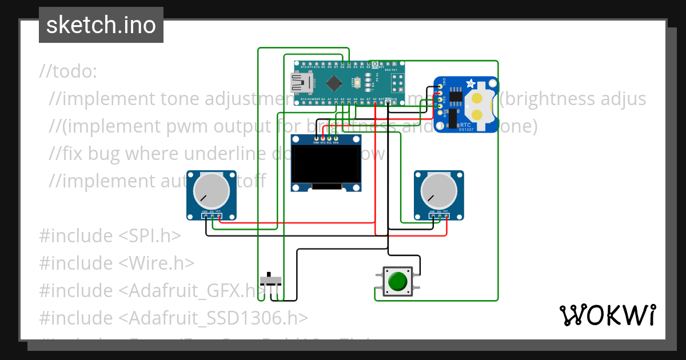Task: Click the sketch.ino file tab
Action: click(101, 25)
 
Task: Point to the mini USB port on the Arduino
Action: click(302, 83)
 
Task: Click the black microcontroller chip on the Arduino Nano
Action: click(333, 83)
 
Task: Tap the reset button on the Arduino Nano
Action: click(357, 83)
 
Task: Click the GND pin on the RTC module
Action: click(441, 87)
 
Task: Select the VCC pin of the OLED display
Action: click(323, 138)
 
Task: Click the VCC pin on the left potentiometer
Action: click(220, 216)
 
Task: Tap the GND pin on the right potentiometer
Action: click(432, 216)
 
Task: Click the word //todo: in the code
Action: click(69, 71)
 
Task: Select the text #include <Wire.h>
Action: click(117, 263)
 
